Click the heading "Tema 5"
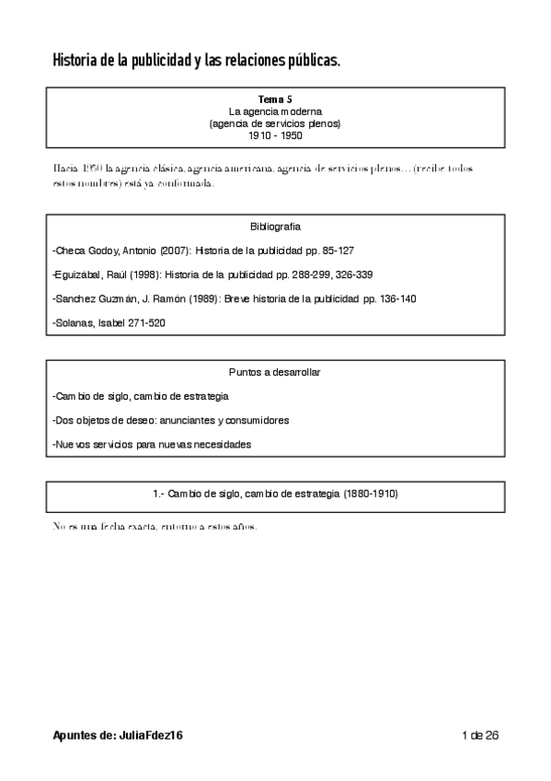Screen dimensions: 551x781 pyautogui.click(x=275, y=99)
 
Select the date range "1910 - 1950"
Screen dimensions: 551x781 pyautogui.click(x=275, y=135)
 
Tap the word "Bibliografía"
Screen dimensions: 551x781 pyautogui.click(x=275, y=227)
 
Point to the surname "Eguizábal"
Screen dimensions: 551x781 pyautogui.click(x=78, y=274)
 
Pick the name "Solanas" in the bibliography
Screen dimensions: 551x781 pyautogui.click(x=75, y=322)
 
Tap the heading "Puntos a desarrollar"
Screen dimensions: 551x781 pyautogui.click(x=275, y=372)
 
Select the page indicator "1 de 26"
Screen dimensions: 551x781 pyautogui.click(x=480, y=735)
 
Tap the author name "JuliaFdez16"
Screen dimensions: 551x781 pyautogui.click(x=155, y=735)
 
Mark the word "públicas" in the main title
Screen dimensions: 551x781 pyautogui.click(x=312, y=62)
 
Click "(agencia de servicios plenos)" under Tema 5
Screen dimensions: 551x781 pyautogui.click(x=275, y=123)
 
